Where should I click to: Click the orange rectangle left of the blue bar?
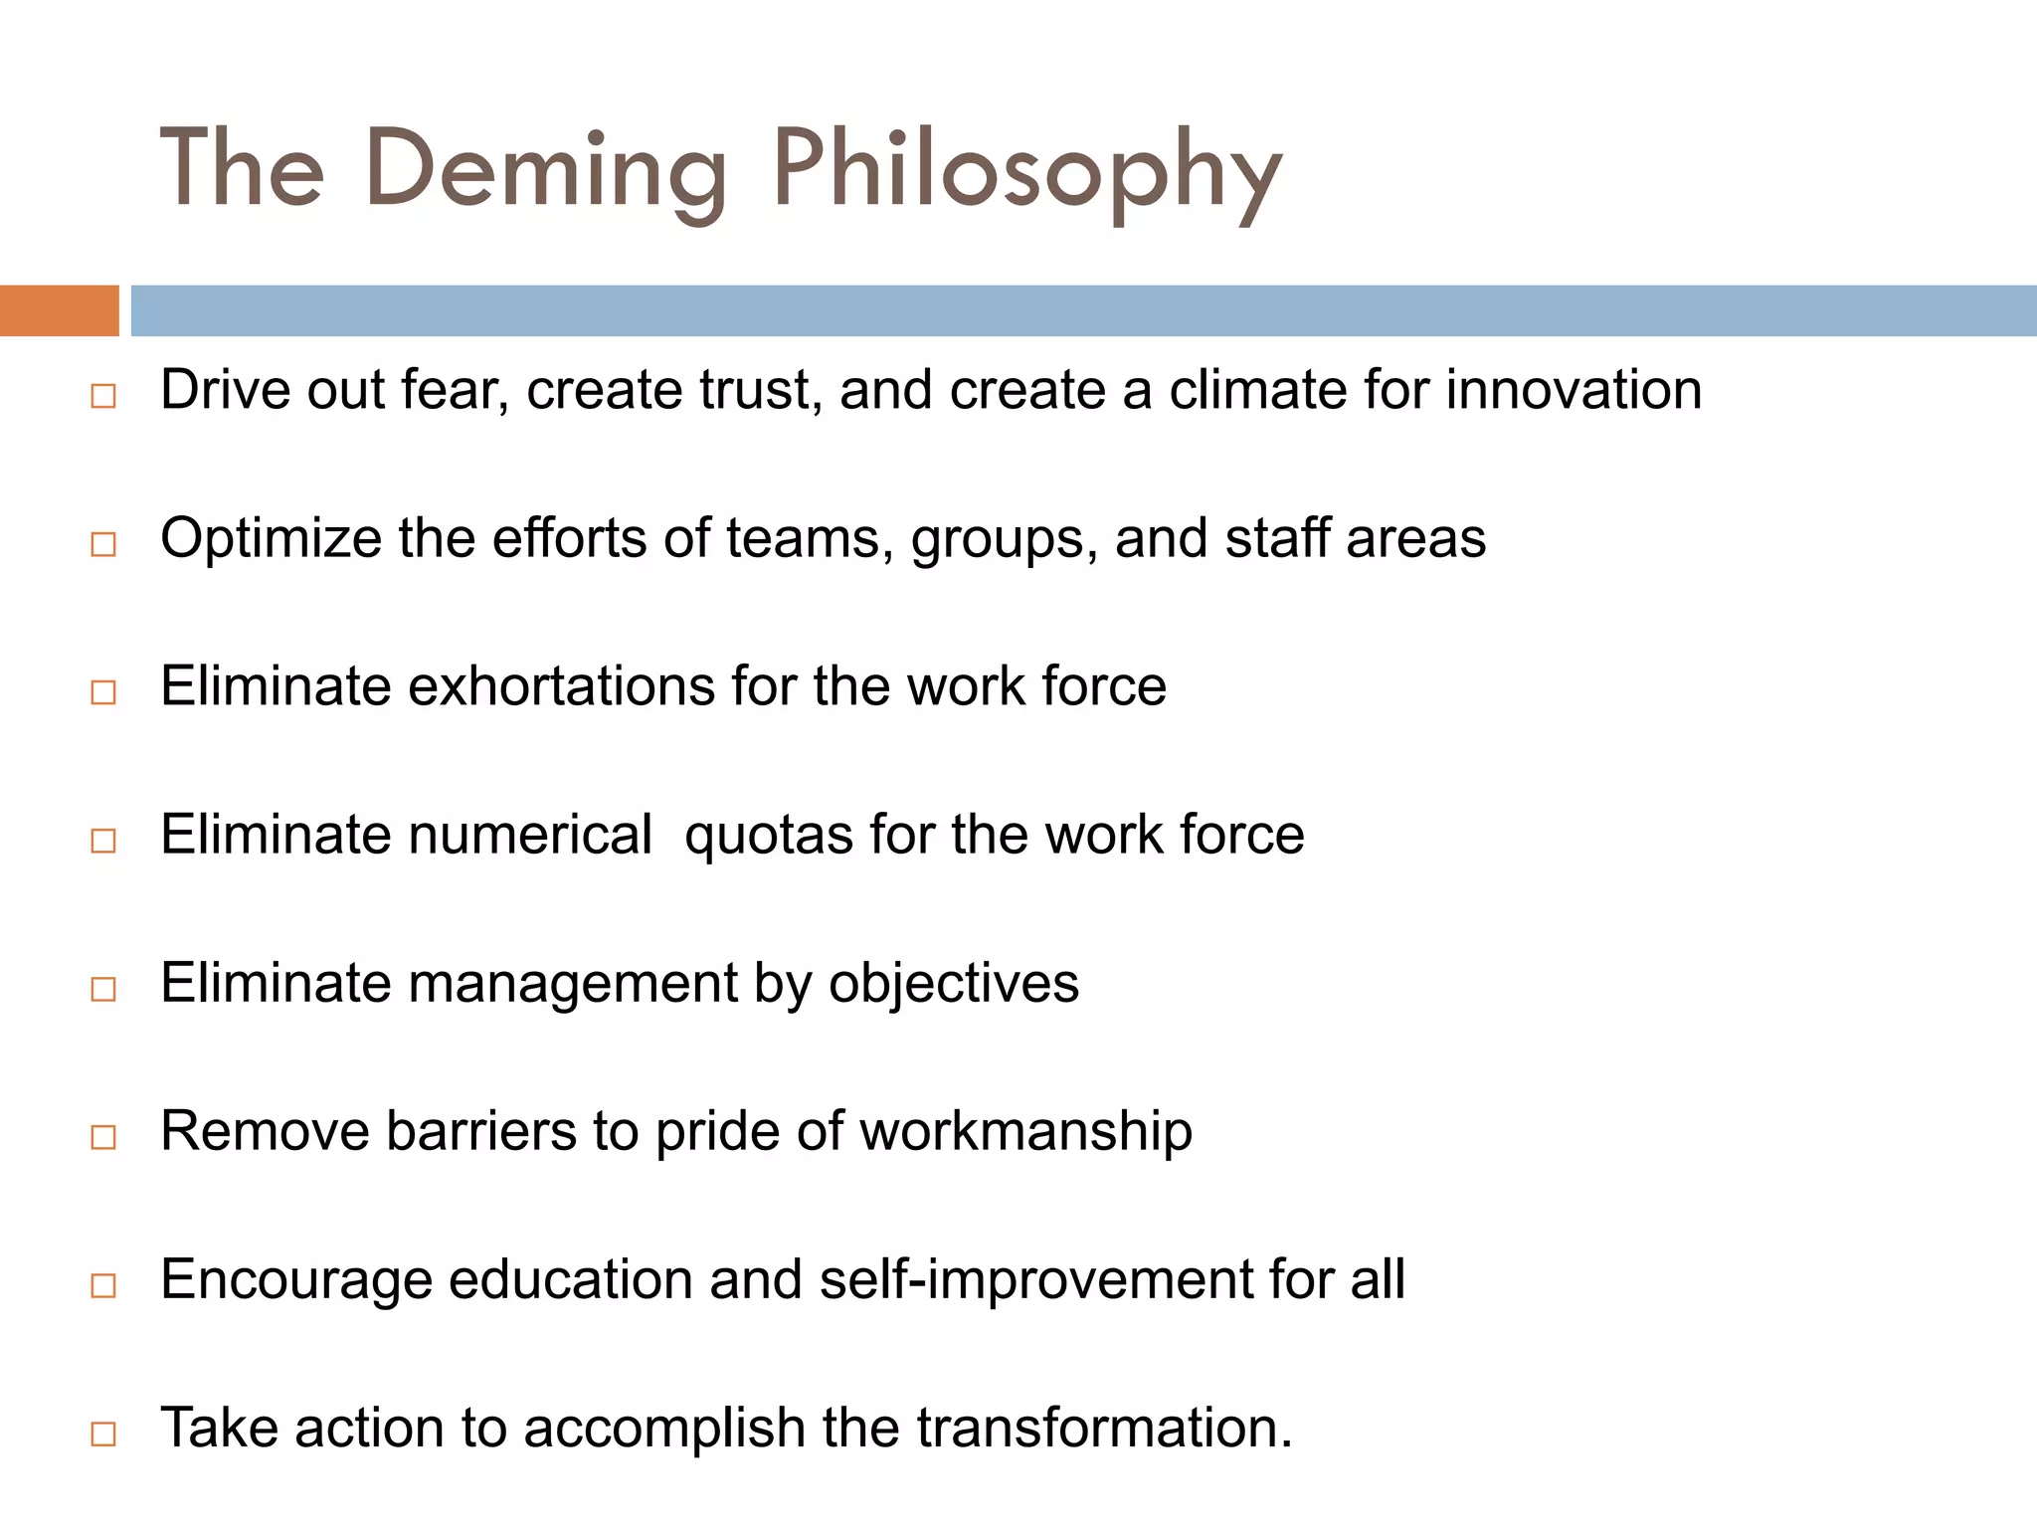59,310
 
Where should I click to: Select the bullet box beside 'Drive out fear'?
103,396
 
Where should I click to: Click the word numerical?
530,835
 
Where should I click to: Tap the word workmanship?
1025,1132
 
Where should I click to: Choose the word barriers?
480,1132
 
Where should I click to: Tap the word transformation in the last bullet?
1103,1428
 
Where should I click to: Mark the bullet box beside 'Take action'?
103,1434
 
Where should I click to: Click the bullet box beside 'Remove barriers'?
103,1137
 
